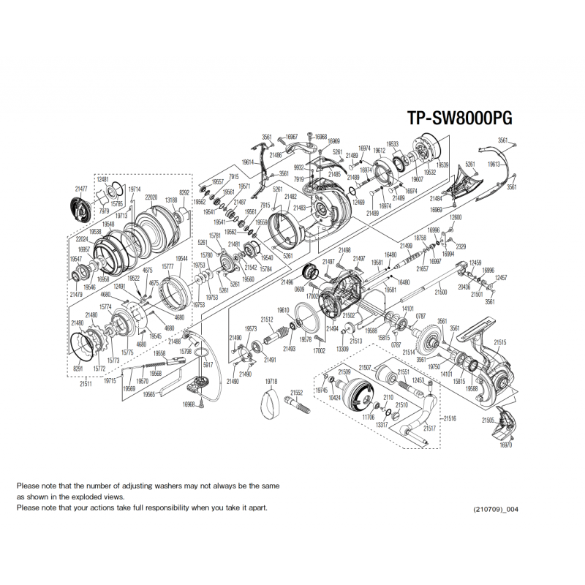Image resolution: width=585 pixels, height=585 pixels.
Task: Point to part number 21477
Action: click(81, 188)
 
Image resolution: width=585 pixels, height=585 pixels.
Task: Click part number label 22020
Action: click(151, 197)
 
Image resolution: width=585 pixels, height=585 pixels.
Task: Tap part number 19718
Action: click(271, 382)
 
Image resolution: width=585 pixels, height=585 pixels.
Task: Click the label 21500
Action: click(440, 292)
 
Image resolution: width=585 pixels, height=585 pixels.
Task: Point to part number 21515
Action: click(500, 341)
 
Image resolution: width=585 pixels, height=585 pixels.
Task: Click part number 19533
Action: click(393, 144)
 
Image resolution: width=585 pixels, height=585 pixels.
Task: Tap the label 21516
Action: click(450, 418)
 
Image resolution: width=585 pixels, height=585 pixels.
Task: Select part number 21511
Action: click(86, 383)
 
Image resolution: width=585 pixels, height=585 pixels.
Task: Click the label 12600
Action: click(456, 218)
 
